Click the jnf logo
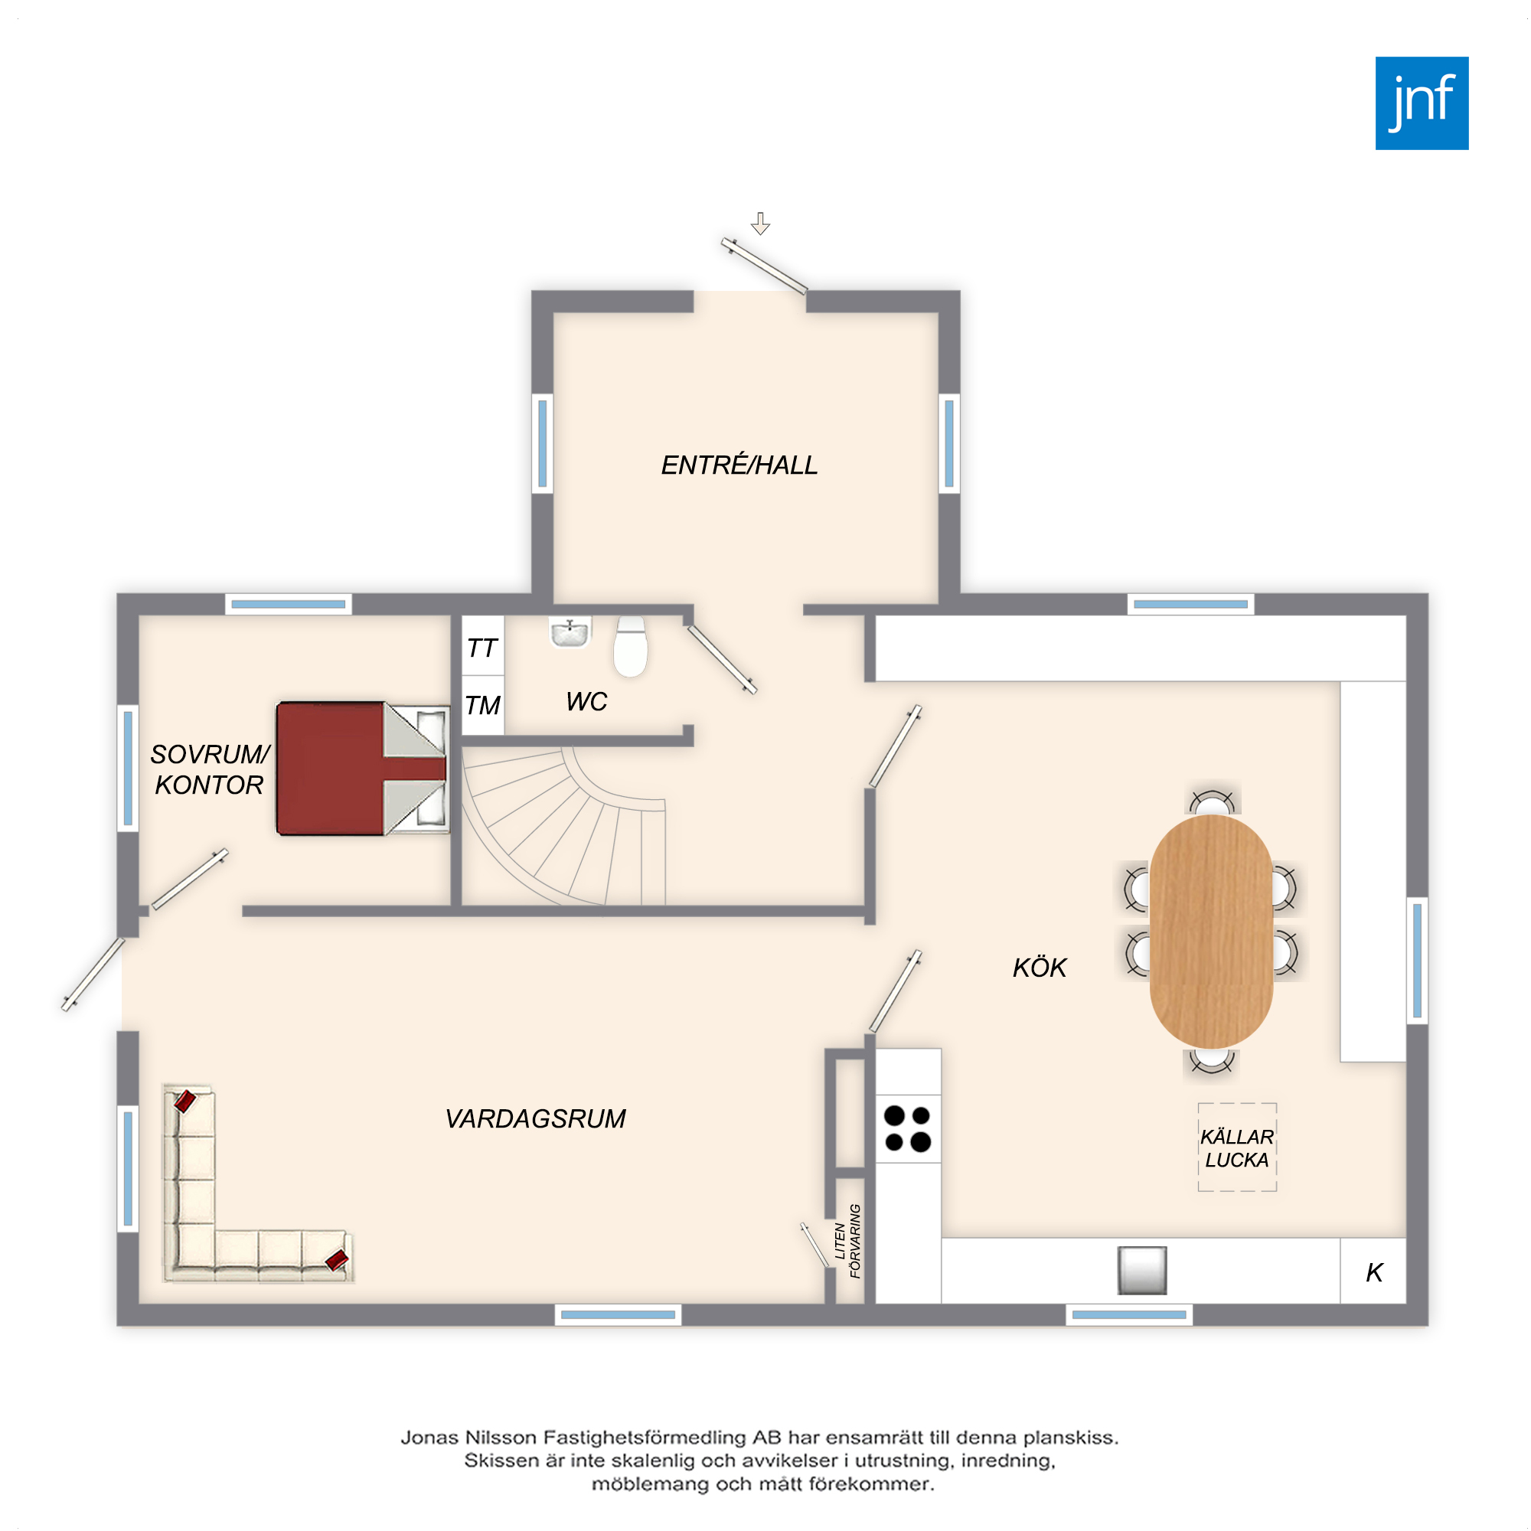pos(1422,103)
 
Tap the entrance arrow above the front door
pos(761,224)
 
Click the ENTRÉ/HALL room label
pos(739,465)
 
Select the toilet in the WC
pos(631,647)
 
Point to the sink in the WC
pos(570,632)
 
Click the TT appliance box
pos(482,645)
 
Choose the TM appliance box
pos(482,704)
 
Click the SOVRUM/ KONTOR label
pos(210,769)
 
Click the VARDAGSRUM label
pos(536,1119)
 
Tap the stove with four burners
pos(908,1128)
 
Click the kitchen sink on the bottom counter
pos(1142,1269)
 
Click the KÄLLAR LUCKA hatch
pos(1237,1147)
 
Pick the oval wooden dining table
pos(1211,932)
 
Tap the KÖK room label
pos(1040,968)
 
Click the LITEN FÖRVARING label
pos(847,1241)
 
